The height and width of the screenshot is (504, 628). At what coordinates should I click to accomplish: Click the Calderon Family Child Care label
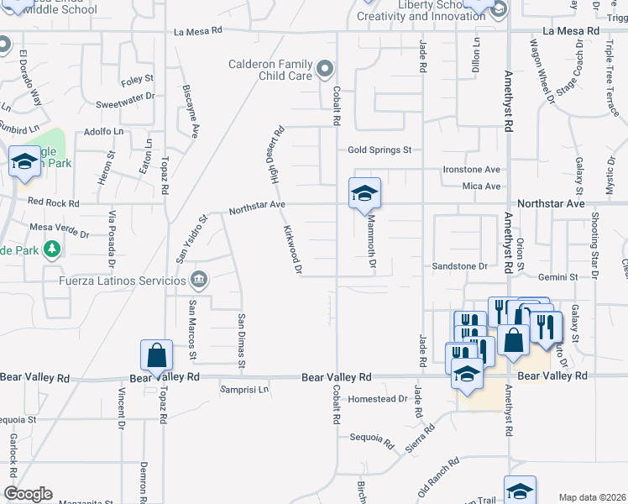pos(270,70)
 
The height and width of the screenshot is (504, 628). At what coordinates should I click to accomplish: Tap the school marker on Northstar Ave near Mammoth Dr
pos(365,193)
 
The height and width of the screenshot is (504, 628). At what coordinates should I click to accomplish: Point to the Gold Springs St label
pos(380,150)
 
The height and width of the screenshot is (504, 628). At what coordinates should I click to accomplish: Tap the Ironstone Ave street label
pos(472,169)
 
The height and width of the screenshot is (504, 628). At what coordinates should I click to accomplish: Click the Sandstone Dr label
pos(459,266)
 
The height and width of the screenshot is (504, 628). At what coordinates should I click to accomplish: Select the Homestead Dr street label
pos(377,399)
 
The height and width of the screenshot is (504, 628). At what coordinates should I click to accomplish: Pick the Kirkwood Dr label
pos(292,249)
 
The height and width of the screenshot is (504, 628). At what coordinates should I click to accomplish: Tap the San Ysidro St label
pos(191,239)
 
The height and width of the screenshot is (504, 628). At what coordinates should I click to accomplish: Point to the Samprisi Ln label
pos(244,390)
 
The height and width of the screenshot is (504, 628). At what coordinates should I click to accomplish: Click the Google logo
pos(28,493)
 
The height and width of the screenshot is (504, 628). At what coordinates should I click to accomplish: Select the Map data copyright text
pos(592,497)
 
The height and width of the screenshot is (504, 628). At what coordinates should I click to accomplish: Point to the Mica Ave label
pos(481,186)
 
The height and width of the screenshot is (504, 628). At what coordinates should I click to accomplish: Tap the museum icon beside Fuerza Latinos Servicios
pos(199,279)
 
